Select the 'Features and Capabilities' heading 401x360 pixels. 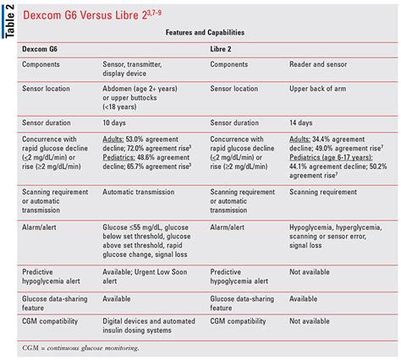(210, 31)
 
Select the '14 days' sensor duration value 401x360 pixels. (306, 122)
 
